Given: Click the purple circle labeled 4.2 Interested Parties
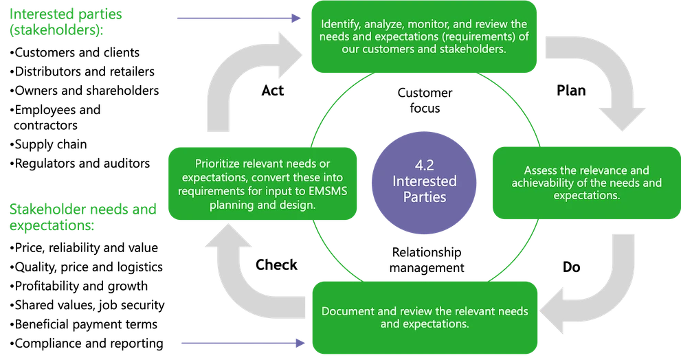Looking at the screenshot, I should (423, 181).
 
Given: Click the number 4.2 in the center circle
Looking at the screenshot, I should (423, 166).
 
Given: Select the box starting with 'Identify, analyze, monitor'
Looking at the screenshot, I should (423, 38).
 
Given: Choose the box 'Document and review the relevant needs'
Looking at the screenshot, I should (425, 317).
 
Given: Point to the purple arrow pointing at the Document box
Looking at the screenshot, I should (241, 342).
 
